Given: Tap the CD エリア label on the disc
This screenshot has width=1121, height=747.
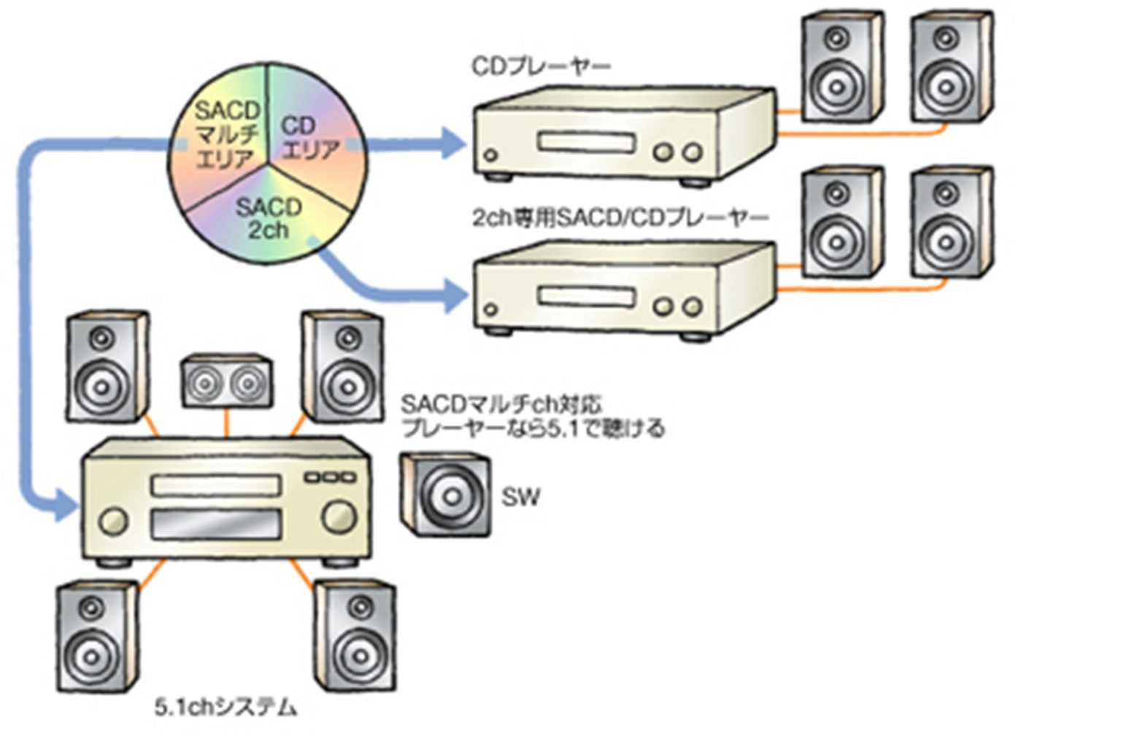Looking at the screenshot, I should [x=309, y=139].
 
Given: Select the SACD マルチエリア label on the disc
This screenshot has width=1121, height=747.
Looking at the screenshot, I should [x=226, y=136].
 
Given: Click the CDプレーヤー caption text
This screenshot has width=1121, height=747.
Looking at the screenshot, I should [x=541, y=67].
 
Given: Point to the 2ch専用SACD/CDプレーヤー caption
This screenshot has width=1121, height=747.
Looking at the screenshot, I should [x=620, y=218].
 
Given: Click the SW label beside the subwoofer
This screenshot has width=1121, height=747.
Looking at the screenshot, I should [x=521, y=497].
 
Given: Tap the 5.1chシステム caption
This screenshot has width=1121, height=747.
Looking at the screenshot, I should [x=226, y=707].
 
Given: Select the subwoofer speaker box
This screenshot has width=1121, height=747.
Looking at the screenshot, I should [x=446, y=495].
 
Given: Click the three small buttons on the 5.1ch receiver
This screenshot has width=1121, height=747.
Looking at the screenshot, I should [x=331, y=478].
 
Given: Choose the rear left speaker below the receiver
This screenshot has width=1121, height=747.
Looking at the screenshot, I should [x=98, y=637].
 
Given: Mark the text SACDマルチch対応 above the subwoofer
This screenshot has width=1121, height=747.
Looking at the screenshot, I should [x=501, y=404].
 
